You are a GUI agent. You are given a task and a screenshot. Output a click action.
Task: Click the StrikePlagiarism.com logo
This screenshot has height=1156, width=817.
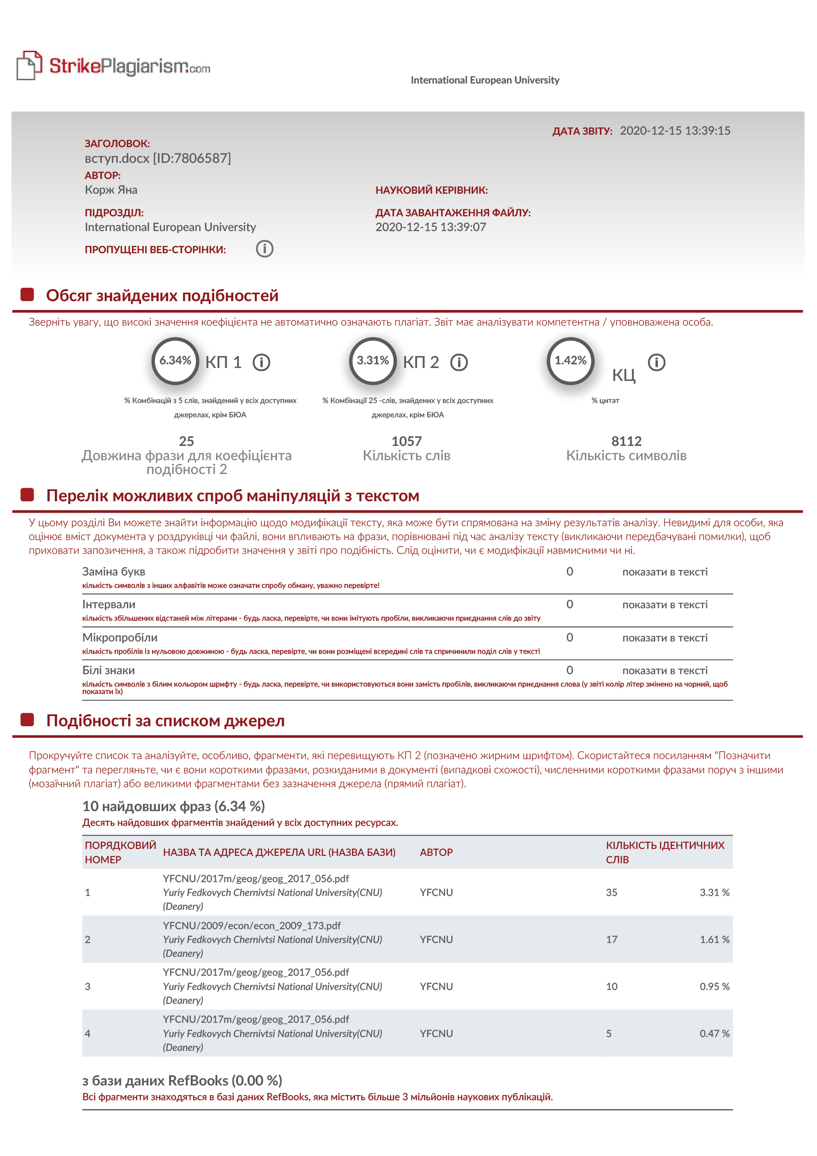[x=114, y=66]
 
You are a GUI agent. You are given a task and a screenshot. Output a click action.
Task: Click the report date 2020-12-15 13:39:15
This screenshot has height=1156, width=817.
[x=675, y=131]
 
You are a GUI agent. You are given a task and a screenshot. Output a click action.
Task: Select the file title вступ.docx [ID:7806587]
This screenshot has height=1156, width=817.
[x=158, y=159]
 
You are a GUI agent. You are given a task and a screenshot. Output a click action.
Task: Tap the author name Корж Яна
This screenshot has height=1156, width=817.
[x=111, y=190]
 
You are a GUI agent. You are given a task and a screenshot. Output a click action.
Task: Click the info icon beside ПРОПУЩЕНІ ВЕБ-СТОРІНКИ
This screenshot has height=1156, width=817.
[x=264, y=249]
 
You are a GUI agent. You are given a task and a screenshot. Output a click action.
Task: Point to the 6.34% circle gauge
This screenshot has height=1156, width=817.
[x=175, y=361]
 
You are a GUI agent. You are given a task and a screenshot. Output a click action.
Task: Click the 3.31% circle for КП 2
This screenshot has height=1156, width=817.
[x=373, y=361]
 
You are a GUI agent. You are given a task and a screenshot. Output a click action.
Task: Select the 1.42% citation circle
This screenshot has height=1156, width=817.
[x=570, y=361]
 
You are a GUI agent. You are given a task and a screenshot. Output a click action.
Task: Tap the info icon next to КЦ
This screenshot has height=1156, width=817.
[x=656, y=362]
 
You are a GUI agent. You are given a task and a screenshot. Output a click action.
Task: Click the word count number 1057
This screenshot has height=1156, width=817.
[x=406, y=442]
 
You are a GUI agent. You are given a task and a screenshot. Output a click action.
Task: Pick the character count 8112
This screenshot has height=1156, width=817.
[x=626, y=442]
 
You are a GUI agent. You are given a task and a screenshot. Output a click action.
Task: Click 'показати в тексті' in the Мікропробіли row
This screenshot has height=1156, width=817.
[x=664, y=638]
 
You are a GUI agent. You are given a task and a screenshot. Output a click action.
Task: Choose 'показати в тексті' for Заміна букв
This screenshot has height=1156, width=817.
[x=664, y=572]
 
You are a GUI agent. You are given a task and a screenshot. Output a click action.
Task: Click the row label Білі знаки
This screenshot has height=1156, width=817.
[x=109, y=670]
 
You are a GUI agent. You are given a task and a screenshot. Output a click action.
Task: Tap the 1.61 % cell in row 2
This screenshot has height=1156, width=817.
[x=714, y=939]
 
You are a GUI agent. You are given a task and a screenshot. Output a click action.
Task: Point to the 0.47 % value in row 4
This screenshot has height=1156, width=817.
[x=714, y=1034]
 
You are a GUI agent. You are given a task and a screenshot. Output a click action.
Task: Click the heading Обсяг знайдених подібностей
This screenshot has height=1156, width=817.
[x=162, y=296]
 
